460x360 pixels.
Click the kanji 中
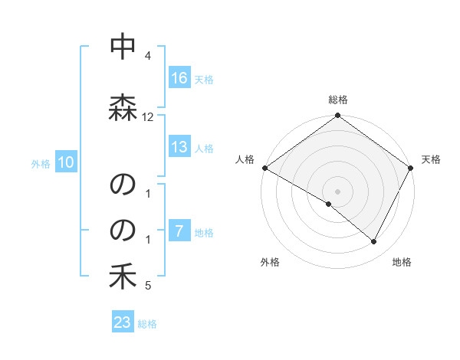click(x=123, y=47)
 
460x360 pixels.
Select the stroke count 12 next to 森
click(x=148, y=117)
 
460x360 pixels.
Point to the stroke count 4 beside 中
click(x=148, y=57)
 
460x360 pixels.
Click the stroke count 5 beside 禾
click(x=148, y=286)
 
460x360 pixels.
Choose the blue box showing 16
click(x=179, y=78)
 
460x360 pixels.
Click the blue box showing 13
click(x=179, y=147)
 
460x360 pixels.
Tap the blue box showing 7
click(x=179, y=231)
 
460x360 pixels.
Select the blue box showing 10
click(x=66, y=162)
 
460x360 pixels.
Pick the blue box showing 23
click(x=123, y=322)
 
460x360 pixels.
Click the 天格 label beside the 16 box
click(x=204, y=79)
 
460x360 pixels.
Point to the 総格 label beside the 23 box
click(x=147, y=324)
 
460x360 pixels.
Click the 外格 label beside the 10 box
click(x=41, y=163)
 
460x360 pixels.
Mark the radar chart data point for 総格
click(x=337, y=116)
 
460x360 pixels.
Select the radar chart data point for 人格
click(x=264, y=168)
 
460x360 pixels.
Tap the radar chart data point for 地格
click(x=374, y=242)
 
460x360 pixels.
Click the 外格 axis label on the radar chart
click(x=270, y=263)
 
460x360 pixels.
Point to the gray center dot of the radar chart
click(x=337, y=191)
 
